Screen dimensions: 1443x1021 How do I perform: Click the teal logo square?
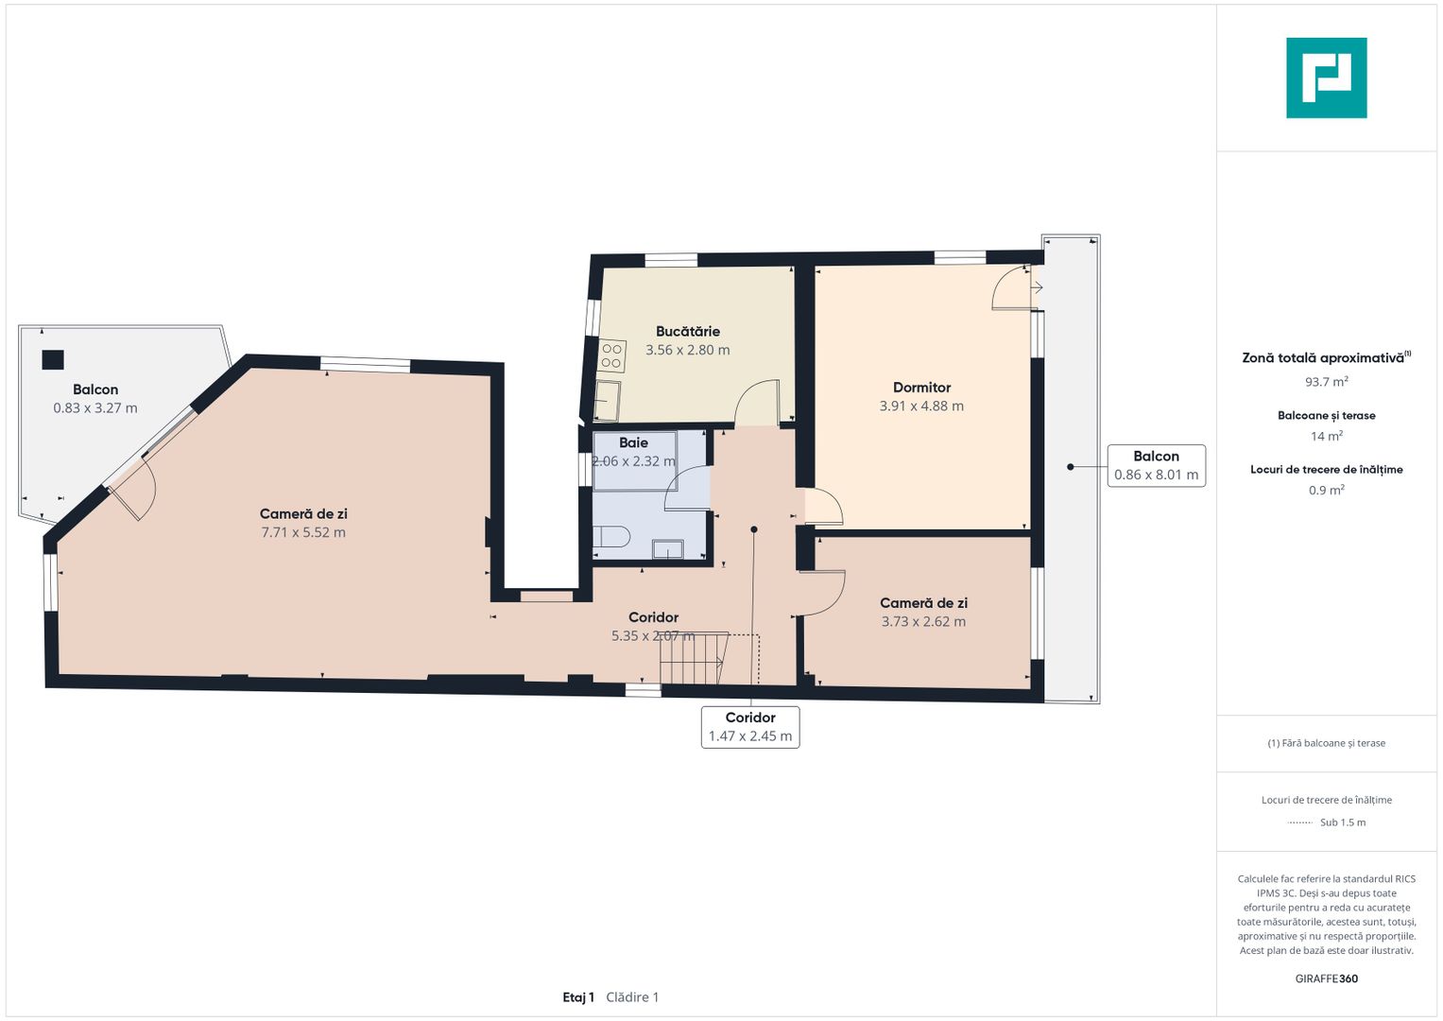[1327, 78]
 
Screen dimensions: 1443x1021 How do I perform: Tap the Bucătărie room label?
[687, 331]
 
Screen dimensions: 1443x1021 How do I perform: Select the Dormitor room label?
[921, 388]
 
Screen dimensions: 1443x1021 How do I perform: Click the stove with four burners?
[611, 355]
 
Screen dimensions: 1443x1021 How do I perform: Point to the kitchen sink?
[606, 400]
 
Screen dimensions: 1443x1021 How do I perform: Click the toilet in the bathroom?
[610, 537]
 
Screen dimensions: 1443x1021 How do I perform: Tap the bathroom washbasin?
[667, 549]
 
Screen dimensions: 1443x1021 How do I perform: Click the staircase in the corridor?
[694, 658]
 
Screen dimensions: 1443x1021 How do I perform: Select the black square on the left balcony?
[53, 359]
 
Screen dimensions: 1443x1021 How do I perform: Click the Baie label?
[633, 442]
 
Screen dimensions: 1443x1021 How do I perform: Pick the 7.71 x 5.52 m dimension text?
[303, 532]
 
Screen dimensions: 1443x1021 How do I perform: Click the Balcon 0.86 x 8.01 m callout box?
[1157, 465]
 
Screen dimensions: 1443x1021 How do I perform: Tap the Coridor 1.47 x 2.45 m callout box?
[750, 727]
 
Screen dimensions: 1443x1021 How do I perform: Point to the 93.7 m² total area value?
[1327, 382]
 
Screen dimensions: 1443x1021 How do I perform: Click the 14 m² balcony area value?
[1327, 437]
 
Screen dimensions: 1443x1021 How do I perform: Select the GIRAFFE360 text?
[1327, 978]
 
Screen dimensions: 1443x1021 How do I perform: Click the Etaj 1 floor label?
[578, 997]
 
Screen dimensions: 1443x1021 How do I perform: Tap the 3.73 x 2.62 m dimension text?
[923, 621]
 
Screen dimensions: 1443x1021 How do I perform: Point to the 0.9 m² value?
[1327, 490]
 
